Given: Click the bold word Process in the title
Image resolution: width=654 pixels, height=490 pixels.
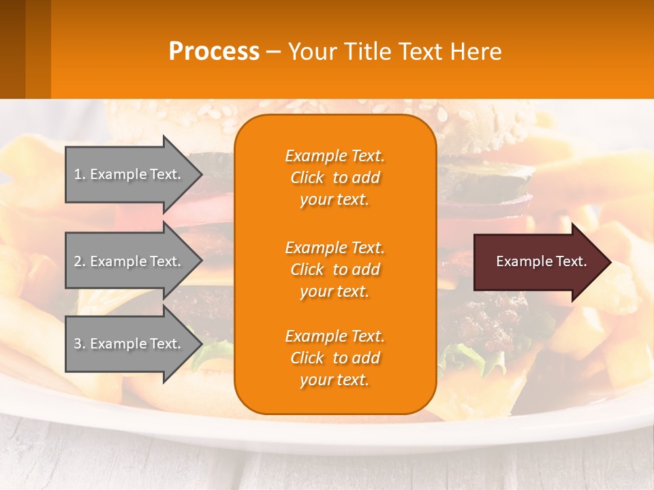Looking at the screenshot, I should (x=214, y=52).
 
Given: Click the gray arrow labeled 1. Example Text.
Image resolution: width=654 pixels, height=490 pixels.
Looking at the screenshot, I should (x=129, y=174).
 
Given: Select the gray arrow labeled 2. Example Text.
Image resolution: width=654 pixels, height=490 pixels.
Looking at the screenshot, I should (x=129, y=261).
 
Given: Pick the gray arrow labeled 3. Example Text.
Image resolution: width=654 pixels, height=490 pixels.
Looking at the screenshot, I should (x=129, y=344).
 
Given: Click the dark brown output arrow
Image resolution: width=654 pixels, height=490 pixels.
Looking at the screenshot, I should (x=538, y=262).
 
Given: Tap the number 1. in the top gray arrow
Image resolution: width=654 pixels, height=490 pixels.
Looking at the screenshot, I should (x=80, y=174).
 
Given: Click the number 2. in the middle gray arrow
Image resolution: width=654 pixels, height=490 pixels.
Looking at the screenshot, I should (x=80, y=261).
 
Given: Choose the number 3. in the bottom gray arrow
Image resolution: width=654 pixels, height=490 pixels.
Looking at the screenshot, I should (x=80, y=344).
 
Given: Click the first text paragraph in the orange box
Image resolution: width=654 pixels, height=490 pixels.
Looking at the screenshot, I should (x=334, y=178).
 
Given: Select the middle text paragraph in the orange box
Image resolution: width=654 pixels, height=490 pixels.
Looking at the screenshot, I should (x=334, y=269).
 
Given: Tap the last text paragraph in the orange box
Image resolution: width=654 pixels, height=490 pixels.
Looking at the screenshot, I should (x=334, y=358).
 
